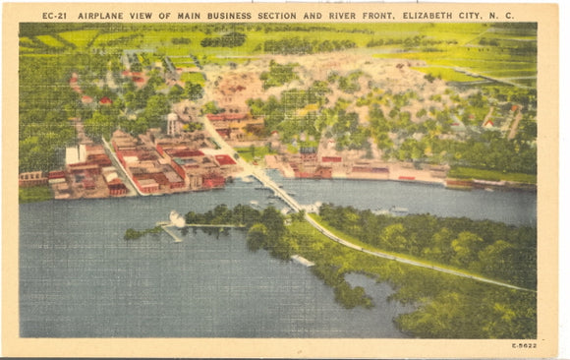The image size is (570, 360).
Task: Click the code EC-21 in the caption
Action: click(x=55, y=16)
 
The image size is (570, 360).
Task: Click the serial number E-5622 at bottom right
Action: click(x=524, y=345)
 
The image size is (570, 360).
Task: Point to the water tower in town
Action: click(x=172, y=123)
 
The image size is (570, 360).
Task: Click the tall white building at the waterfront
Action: click(x=75, y=155)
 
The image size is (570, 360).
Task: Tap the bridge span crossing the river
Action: click(x=275, y=189)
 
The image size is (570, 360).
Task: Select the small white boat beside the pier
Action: click(x=177, y=218)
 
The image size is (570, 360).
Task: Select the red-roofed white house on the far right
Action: click(x=488, y=124)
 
